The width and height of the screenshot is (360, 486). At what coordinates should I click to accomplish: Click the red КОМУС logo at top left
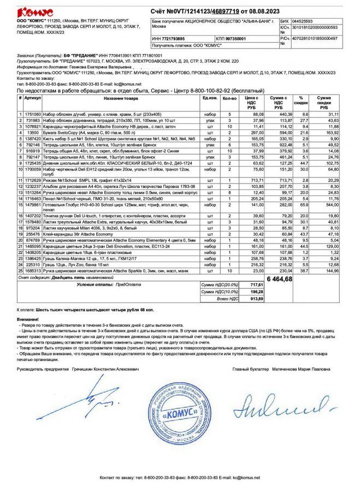pos(35,12)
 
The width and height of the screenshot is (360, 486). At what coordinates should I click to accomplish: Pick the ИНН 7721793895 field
pos(169,39)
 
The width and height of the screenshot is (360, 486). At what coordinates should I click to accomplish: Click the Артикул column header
pos(32,98)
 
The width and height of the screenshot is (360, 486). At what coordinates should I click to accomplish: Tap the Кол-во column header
pos(229,98)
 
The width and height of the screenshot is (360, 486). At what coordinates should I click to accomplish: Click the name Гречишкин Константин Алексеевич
pos(105,369)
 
